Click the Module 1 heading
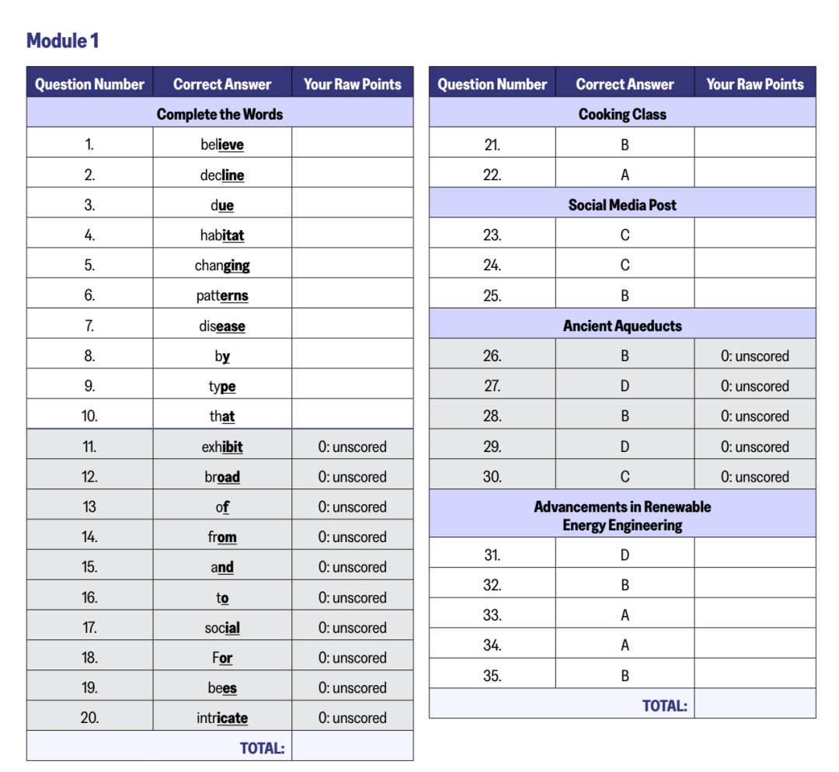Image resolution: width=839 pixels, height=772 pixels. (63, 40)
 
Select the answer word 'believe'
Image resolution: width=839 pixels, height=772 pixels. (222, 144)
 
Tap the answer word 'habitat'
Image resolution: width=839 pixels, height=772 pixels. (222, 235)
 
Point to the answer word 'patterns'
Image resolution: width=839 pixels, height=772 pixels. (222, 296)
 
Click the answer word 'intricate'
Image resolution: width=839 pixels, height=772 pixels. (222, 718)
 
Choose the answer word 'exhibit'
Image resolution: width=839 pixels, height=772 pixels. (222, 447)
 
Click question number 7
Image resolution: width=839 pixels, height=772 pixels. (89, 326)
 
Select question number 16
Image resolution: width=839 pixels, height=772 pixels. (89, 597)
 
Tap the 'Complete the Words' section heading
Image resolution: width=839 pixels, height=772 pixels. (220, 114)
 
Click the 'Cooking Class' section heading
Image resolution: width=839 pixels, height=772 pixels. (622, 114)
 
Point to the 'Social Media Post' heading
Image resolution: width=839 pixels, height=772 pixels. (622, 205)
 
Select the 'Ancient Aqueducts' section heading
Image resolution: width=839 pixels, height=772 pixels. (622, 326)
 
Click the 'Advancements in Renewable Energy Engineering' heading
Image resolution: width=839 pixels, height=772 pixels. (622, 516)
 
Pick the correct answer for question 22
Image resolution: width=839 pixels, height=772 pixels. (625, 175)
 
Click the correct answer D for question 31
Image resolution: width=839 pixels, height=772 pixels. (625, 555)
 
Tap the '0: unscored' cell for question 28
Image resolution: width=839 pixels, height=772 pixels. (754, 416)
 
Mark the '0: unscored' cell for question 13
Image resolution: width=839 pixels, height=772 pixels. (352, 507)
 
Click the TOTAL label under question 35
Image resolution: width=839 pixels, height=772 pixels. (664, 706)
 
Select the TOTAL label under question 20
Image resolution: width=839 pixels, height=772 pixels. (262, 748)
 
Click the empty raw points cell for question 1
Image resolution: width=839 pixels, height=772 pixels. (352, 144)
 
